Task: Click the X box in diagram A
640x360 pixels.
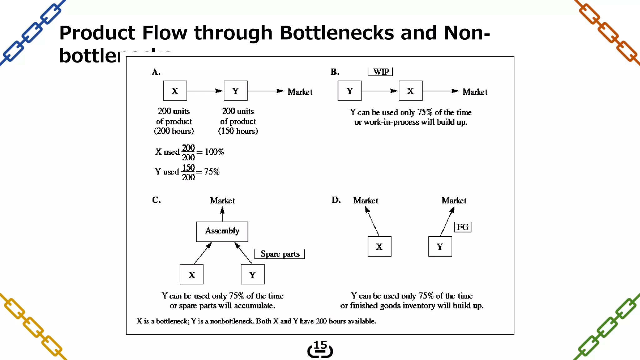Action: tap(175, 91)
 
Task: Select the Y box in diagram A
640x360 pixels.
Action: tap(236, 91)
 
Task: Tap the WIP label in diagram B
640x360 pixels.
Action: tap(381, 72)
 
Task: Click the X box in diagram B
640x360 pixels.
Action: tap(411, 91)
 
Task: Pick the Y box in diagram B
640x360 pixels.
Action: tap(349, 91)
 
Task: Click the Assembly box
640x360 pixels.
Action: tap(222, 232)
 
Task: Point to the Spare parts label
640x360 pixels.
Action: tap(280, 254)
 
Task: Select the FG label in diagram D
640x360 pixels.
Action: tap(462, 227)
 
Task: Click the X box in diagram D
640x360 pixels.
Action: tap(379, 247)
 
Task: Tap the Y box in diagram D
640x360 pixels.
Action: tap(440, 247)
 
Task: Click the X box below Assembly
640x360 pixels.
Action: tap(192, 274)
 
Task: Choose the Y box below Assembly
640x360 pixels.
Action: tap(252, 274)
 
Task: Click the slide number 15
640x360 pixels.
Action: tap(320, 345)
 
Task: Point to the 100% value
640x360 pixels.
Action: tap(214, 152)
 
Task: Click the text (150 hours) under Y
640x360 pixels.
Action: tap(238, 131)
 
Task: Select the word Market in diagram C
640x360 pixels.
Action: tap(222, 201)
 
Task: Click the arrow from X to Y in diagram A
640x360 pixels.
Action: tap(205, 91)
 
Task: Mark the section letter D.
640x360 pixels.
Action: tap(336, 200)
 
